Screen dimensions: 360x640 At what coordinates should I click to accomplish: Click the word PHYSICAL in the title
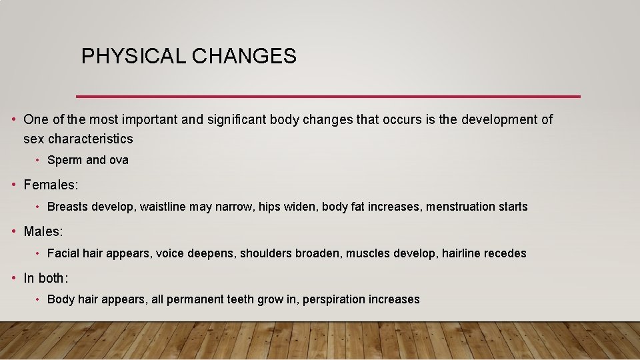[x=133, y=57]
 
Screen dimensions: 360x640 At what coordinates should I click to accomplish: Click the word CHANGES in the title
[x=244, y=57]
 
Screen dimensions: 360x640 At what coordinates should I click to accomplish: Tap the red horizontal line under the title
[x=328, y=97]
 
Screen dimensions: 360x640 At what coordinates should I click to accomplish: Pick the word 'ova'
[x=119, y=160]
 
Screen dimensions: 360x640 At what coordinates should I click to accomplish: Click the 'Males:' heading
[x=43, y=231]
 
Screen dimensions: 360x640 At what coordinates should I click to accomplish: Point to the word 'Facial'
[x=63, y=253]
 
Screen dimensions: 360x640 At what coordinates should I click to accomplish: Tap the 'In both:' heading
[x=46, y=278]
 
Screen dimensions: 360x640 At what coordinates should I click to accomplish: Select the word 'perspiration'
[x=333, y=300]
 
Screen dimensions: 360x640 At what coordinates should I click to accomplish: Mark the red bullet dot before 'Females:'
[x=14, y=185]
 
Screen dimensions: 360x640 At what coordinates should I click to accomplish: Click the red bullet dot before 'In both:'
[x=14, y=278]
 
